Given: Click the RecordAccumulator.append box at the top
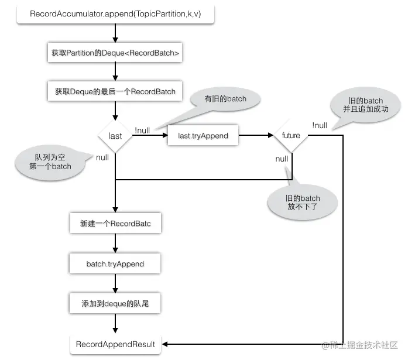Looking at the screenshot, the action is coord(115,14).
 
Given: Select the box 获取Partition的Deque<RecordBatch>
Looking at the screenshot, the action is coord(115,53).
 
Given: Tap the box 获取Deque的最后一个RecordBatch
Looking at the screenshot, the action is coord(115,91).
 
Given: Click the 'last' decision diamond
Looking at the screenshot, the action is coord(115,136).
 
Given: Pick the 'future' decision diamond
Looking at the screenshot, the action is coord(291,136).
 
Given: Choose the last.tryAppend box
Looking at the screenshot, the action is coord(203,136).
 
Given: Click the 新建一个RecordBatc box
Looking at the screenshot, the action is coord(115,223).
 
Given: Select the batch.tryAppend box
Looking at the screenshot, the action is coord(115,263).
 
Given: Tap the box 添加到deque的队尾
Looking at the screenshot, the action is coord(115,303).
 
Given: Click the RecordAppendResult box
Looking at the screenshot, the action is coord(115,344).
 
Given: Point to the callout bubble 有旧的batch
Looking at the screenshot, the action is coord(225,100).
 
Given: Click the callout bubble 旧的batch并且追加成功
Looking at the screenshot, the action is coord(365,105).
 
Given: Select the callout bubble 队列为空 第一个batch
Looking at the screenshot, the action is coord(50,162).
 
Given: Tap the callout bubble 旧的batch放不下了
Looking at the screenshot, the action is coord(303,203).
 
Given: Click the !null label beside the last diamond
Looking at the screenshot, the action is coord(142,131).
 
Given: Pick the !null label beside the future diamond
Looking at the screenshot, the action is coord(320,125).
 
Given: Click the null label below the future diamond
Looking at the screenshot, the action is coord(282,159).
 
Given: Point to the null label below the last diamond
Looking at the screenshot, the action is coord(102,157).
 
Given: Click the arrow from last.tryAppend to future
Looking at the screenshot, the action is coord(256,135).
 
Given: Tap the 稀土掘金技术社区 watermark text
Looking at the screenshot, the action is coord(360,345).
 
